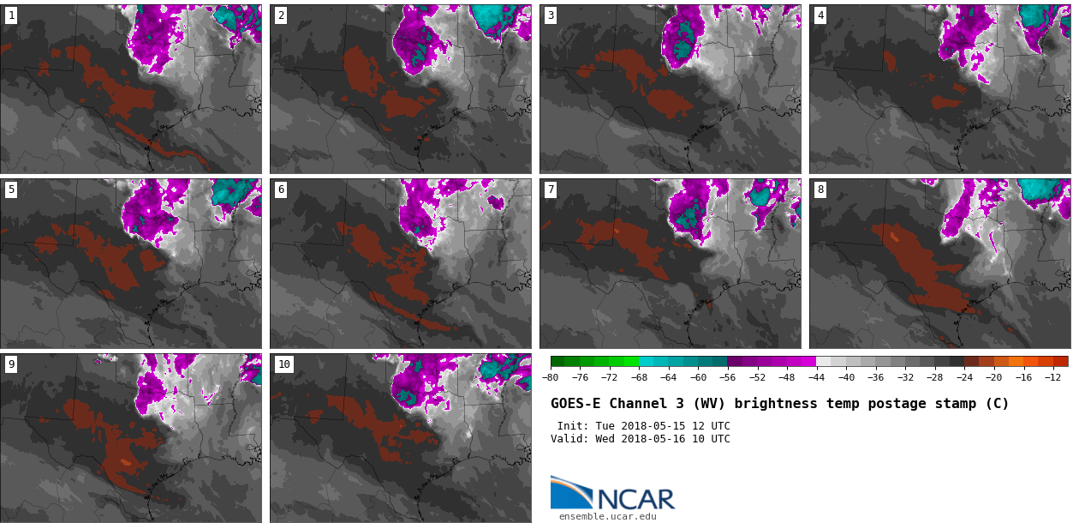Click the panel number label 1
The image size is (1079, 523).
pos(11,15)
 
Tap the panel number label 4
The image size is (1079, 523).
pos(820,15)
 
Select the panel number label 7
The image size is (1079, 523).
pos(551,189)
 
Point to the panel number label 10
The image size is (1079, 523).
pos(283,364)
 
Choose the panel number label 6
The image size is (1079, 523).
pos(281,189)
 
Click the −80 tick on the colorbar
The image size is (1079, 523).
pos(551,377)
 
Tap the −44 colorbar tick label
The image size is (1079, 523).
pos(816,377)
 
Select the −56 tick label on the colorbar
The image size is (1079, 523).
pos(728,377)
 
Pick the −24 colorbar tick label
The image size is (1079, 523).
pos(964,377)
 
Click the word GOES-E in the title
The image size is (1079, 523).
pos(575,404)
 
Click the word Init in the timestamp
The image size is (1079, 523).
pos(571,426)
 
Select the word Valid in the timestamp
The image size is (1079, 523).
pos(568,439)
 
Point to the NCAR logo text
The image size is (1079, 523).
pos(635,499)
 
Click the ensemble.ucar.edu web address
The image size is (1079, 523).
pos(608,516)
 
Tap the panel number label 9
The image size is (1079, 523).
pos(11,364)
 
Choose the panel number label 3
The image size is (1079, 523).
pos(551,15)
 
